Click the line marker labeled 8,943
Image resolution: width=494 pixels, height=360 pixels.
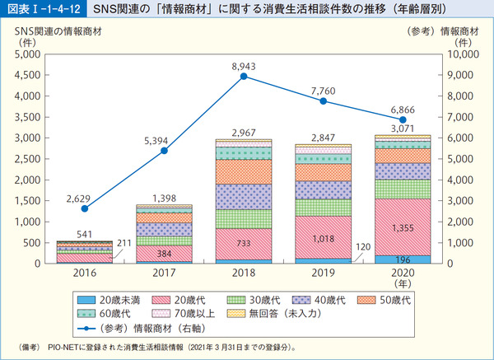(x=244, y=77)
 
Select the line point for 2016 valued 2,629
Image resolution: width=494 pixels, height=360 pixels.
(x=85, y=208)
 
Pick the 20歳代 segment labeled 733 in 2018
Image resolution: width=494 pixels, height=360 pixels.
(x=244, y=245)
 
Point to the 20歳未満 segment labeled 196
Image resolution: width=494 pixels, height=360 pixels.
(x=402, y=259)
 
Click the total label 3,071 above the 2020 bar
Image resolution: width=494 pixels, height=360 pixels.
(x=402, y=129)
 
